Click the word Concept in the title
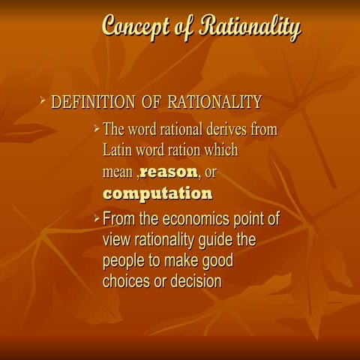tap(135, 27)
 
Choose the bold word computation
tap(157, 193)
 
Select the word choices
tap(127, 282)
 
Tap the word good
tap(214, 262)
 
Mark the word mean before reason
tap(118, 172)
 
